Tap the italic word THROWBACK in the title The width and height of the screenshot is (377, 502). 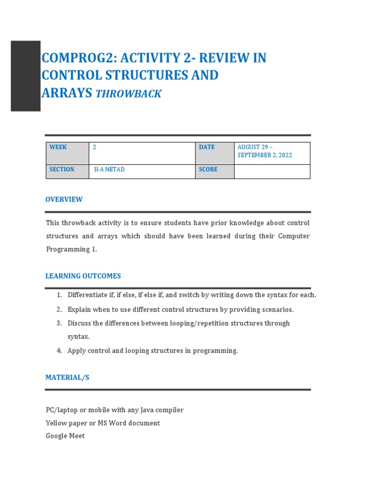(x=129, y=94)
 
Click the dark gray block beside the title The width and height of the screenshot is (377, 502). (x=26, y=76)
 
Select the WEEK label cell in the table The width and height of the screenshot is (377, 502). (x=67, y=153)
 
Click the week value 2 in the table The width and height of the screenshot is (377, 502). (x=94, y=147)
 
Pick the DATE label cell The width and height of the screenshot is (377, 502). (x=215, y=153)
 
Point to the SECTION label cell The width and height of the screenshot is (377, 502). (x=67, y=171)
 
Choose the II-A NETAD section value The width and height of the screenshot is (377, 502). (x=109, y=170)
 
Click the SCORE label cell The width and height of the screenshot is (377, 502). (x=215, y=171)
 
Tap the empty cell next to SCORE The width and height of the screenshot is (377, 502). (x=272, y=171)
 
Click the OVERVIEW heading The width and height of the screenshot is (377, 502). (x=64, y=200)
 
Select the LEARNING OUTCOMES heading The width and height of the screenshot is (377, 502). (x=83, y=276)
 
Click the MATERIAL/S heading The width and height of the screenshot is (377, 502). (x=67, y=377)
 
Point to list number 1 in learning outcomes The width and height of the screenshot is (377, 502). (x=58, y=295)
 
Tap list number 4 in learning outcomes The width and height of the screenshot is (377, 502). (x=58, y=351)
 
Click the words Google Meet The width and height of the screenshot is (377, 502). (x=65, y=436)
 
